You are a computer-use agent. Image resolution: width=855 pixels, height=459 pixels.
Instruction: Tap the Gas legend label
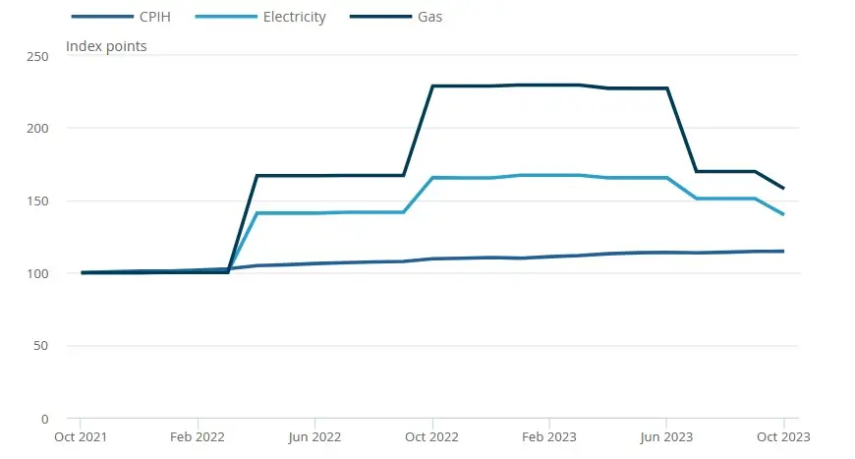click(429, 17)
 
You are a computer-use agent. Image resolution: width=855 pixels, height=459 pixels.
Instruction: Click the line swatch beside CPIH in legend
click(102, 17)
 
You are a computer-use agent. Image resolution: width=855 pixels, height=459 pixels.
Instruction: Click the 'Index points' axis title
click(106, 46)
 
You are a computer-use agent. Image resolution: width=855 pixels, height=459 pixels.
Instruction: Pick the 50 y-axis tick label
click(41, 346)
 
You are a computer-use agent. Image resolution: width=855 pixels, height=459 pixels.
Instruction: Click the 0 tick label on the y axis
click(45, 419)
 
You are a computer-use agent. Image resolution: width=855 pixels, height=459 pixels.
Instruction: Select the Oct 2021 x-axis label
click(81, 437)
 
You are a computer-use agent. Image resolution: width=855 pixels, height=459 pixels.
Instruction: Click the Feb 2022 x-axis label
click(198, 437)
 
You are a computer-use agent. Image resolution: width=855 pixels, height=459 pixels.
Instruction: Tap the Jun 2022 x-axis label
click(314, 437)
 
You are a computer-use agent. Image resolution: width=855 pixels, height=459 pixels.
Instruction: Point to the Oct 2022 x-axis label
click(432, 437)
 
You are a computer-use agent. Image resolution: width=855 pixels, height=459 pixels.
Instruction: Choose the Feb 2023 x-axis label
click(549, 437)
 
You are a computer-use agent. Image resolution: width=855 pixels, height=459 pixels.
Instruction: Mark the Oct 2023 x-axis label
click(783, 437)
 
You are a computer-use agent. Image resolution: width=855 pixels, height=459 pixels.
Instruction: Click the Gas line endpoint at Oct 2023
click(783, 188)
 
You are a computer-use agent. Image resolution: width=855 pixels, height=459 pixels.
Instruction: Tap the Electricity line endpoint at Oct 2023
click(783, 214)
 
